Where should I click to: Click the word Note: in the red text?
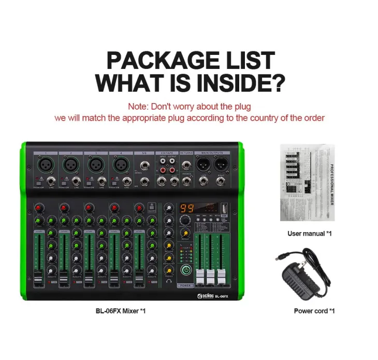[138, 107]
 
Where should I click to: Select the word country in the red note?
[265, 118]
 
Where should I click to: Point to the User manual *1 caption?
[309, 234]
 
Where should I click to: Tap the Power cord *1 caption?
[314, 311]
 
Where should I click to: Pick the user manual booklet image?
[307, 182]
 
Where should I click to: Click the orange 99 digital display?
[186, 208]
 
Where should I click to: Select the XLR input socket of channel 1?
[45, 165]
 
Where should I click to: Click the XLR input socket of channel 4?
[121, 165]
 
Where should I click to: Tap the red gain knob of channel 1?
[38, 208]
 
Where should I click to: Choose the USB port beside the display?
[224, 208]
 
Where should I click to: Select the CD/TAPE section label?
[166, 153]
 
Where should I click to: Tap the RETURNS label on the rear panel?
[186, 153]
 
